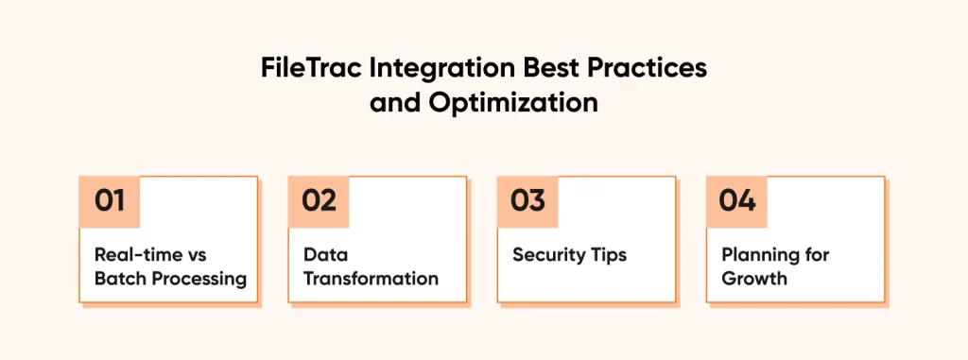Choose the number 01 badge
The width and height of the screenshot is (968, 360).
click(110, 201)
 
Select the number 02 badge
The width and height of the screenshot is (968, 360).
click(319, 201)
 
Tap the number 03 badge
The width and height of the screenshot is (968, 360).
click(527, 201)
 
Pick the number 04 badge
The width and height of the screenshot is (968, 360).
click(736, 201)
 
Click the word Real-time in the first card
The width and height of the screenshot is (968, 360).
click(139, 254)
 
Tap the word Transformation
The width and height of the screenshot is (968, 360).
click(371, 279)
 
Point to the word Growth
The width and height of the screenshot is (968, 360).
click(754, 279)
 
